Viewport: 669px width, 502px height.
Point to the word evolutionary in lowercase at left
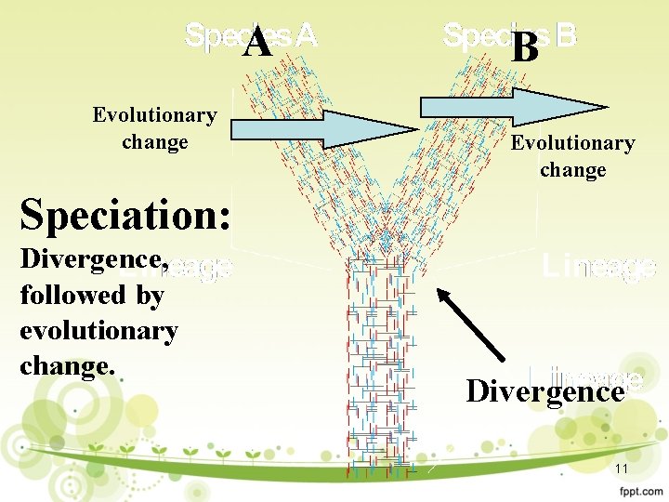click(x=98, y=331)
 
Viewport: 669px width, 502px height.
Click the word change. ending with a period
click(x=67, y=365)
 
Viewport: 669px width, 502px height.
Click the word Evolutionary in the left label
click(x=154, y=115)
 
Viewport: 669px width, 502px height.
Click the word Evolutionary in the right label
click(x=572, y=143)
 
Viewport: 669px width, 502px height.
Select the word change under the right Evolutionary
click(x=572, y=170)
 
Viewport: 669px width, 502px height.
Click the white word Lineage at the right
click(x=598, y=268)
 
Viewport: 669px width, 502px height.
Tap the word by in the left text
click(x=151, y=297)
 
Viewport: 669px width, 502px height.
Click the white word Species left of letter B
click(x=474, y=36)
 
